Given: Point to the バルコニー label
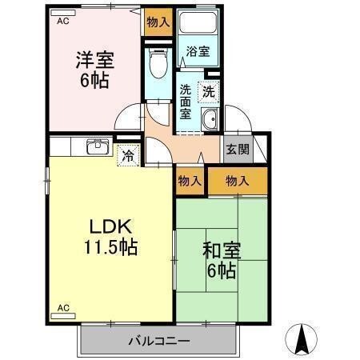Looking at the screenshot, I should [x=159, y=342].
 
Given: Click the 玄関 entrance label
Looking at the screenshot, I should [x=237, y=149].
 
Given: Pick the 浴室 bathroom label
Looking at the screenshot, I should [x=198, y=51].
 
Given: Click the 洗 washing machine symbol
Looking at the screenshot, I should [x=208, y=91].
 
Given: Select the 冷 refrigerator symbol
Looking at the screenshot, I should [x=127, y=155].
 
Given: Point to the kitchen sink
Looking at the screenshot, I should [x=98, y=146].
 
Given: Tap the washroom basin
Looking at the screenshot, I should [x=210, y=122].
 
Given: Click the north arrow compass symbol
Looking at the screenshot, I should [x=303, y=339].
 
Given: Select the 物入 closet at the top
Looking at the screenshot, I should [x=158, y=22].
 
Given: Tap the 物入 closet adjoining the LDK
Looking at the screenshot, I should [x=189, y=181].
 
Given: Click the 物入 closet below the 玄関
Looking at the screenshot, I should [x=238, y=181].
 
